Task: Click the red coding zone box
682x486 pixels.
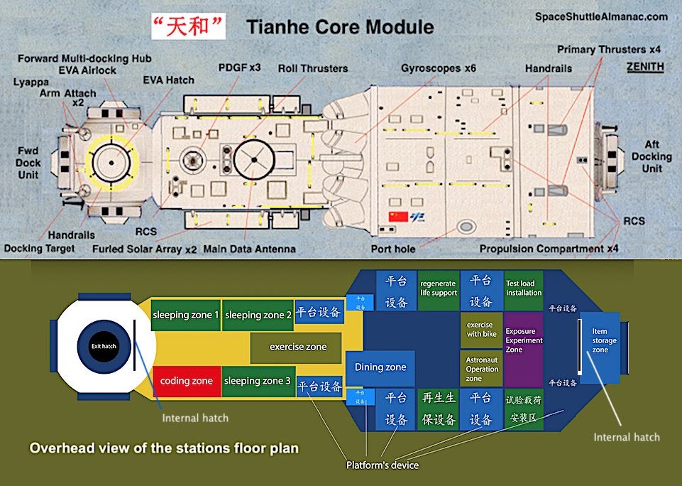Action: [x=186, y=381]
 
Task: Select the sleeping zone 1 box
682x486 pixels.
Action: [x=185, y=315]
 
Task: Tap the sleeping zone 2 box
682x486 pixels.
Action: [x=258, y=315]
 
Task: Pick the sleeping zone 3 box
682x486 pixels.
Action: [x=258, y=381]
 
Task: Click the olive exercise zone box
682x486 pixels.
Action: [x=298, y=347]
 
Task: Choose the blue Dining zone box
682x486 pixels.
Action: [x=380, y=367]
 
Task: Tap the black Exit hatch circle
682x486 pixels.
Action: [x=103, y=346]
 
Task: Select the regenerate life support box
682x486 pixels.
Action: [x=438, y=288]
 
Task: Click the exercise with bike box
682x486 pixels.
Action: [x=481, y=330]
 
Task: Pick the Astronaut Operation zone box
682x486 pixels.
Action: [x=481, y=369]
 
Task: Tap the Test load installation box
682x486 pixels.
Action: [x=523, y=288]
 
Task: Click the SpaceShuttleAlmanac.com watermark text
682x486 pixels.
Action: [x=601, y=16]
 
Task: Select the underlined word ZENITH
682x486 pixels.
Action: [x=645, y=67]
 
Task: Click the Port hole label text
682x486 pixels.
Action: [x=393, y=249]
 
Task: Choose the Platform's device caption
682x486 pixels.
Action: [x=382, y=465]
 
